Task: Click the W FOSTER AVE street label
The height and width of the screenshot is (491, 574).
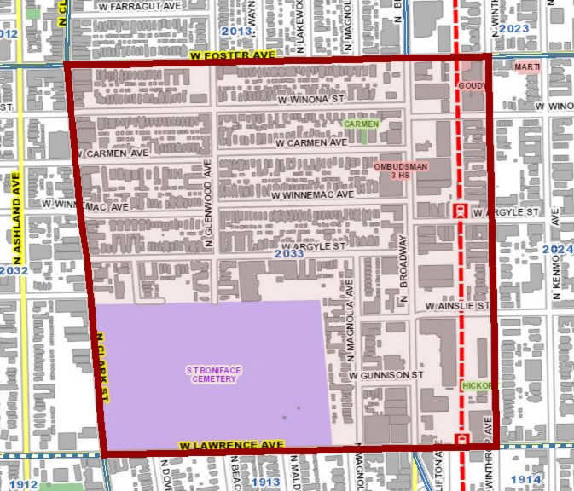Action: point(232,55)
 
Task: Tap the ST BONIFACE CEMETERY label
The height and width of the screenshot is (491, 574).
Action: point(213,374)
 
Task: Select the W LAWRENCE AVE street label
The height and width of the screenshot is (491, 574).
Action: point(231,446)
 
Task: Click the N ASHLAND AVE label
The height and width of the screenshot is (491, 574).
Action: point(15,217)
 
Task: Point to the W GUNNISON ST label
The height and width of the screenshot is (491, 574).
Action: point(386,375)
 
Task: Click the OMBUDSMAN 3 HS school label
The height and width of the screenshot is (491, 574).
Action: point(400,170)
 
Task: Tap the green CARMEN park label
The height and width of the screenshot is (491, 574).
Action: point(361,124)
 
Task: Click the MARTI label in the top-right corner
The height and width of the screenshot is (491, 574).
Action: point(527,66)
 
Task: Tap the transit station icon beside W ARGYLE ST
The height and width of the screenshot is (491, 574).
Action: point(460,211)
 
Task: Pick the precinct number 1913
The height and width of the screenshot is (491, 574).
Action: point(266,482)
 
